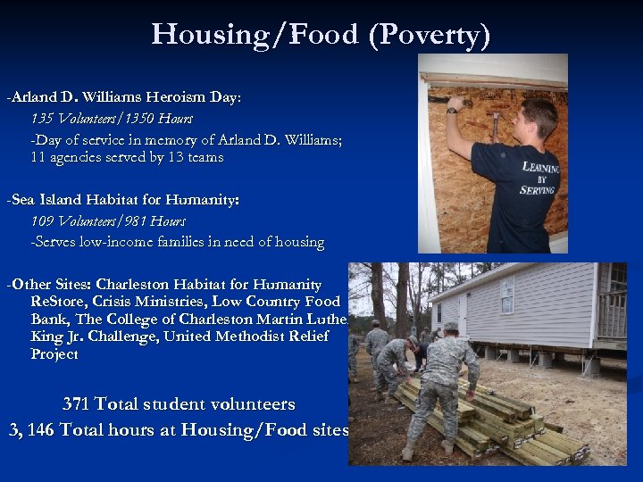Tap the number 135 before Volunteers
pyautogui.click(x=42, y=118)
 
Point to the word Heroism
pyautogui.click(x=157, y=96)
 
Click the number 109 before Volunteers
pyautogui.click(x=42, y=220)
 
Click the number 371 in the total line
pyautogui.click(x=76, y=404)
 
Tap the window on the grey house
pyautogui.click(x=507, y=295)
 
